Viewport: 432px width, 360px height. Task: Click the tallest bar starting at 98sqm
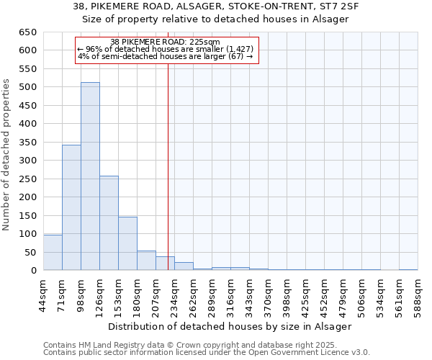click(x=90, y=176)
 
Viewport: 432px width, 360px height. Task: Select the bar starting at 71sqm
click(x=71, y=207)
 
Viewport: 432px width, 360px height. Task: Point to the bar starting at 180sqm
click(x=146, y=261)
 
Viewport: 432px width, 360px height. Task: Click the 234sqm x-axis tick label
click(x=174, y=295)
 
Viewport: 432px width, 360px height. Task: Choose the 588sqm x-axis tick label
click(x=418, y=295)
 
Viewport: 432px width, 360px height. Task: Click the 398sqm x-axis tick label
click(x=287, y=295)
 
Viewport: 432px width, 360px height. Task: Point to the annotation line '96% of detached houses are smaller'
click(x=165, y=49)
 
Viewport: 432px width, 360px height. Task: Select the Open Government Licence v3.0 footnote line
click(x=206, y=352)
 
